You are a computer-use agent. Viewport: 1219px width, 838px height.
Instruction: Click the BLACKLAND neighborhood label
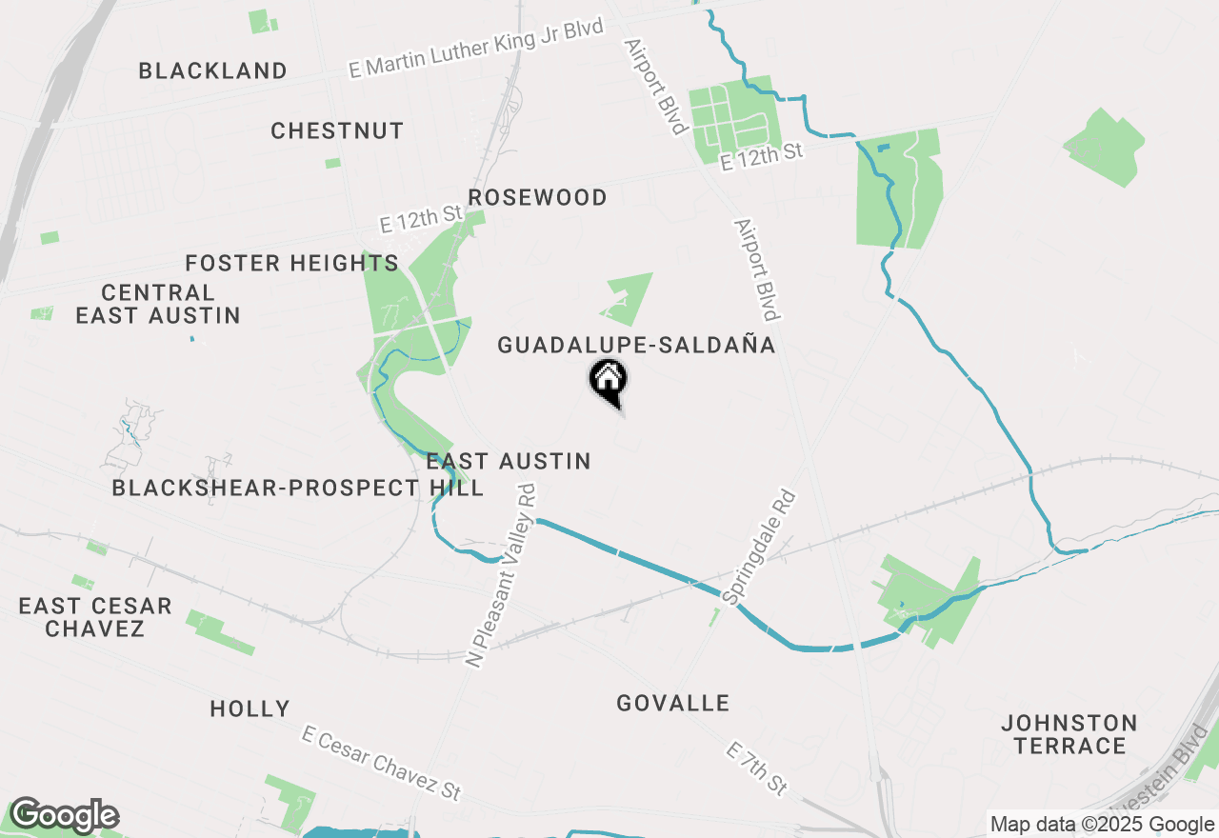pyautogui.click(x=212, y=71)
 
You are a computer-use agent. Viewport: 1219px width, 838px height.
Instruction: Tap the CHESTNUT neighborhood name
pyautogui.click(x=337, y=131)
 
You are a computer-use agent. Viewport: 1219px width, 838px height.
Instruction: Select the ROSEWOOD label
pyautogui.click(x=537, y=198)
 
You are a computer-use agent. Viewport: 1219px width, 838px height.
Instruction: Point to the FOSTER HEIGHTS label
pyautogui.click(x=291, y=264)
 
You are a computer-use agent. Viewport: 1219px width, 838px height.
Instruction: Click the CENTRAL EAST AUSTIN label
pyautogui.click(x=158, y=304)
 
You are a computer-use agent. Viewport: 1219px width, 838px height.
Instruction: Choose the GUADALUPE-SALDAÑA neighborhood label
pyautogui.click(x=636, y=346)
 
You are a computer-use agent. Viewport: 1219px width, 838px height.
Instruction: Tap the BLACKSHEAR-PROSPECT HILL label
pyautogui.click(x=297, y=489)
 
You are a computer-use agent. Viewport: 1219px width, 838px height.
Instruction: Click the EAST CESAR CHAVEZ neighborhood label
pyautogui.click(x=95, y=617)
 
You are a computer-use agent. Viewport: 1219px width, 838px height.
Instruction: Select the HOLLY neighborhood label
pyautogui.click(x=250, y=709)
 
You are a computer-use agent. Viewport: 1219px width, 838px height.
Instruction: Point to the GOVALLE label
pyautogui.click(x=672, y=704)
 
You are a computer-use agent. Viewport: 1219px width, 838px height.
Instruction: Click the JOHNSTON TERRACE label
pyautogui.click(x=1069, y=734)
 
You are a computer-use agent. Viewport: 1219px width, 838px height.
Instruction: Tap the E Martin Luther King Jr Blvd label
pyautogui.click(x=476, y=48)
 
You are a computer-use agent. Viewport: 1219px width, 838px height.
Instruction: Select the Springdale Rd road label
pyautogui.click(x=759, y=548)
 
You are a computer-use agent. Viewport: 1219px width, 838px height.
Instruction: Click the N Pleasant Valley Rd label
pyautogui.click(x=502, y=575)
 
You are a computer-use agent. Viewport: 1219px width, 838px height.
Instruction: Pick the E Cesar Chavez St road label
pyautogui.click(x=381, y=763)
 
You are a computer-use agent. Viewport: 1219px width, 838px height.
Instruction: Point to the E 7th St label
pyautogui.click(x=757, y=768)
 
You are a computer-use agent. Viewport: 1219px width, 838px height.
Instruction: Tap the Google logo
pyautogui.click(x=64, y=816)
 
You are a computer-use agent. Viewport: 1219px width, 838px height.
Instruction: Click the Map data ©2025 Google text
pyautogui.click(x=1102, y=825)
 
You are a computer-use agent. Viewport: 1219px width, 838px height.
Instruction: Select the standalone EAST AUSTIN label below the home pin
pyautogui.click(x=509, y=462)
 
